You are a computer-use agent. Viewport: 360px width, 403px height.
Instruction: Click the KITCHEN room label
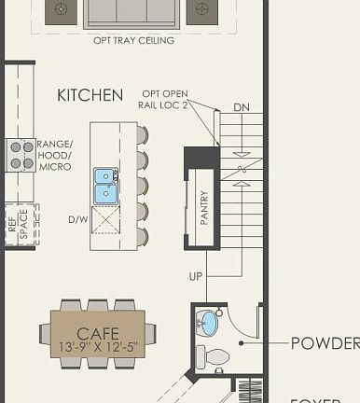click(90, 95)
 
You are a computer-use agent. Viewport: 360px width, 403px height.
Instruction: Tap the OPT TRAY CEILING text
click(133, 41)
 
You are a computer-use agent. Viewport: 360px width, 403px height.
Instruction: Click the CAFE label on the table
click(98, 333)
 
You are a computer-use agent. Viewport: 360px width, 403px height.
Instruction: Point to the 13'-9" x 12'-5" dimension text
click(98, 347)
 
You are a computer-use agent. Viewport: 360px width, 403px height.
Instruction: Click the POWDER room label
click(325, 343)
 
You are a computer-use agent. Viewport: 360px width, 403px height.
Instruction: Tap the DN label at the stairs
click(242, 106)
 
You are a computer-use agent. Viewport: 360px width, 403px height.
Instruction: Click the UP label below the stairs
click(196, 277)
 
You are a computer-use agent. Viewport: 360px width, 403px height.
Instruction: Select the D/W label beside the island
click(77, 220)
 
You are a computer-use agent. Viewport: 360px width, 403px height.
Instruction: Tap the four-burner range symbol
click(21, 154)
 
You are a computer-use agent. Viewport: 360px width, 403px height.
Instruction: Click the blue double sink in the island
click(105, 186)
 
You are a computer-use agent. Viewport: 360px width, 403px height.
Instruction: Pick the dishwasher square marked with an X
click(105, 222)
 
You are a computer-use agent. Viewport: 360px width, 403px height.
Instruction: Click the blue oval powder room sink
click(208, 325)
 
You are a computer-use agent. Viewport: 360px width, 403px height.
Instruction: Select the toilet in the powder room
click(215, 356)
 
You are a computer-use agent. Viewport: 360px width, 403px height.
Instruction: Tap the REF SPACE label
click(17, 226)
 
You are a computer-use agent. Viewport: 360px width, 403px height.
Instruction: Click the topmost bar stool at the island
click(141, 135)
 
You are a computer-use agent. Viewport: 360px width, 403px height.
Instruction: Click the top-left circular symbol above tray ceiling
click(62, 10)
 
